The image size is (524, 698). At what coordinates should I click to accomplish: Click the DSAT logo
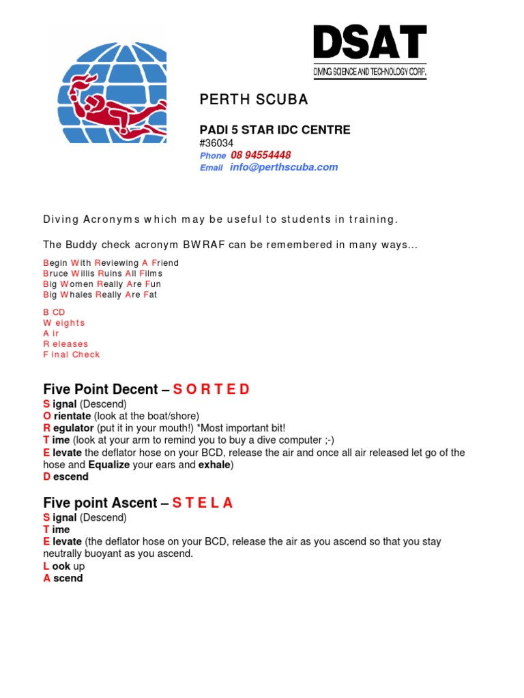coord(370,52)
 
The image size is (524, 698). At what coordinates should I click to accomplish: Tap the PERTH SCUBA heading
coord(253,100)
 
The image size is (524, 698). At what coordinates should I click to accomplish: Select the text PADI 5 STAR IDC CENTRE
coord(274,130)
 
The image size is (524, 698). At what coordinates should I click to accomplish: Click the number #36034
coord(216,143)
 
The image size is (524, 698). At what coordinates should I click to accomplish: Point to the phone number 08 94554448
coord(261,155)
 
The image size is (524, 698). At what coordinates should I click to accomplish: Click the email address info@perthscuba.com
coord(284,168)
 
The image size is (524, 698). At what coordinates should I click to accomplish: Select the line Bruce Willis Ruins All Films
coord(102,273)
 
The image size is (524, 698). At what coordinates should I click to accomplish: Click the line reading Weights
coord(64,322)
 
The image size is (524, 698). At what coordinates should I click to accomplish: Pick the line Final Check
coord(72,354)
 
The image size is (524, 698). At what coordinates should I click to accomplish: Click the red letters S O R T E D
coord(212,390)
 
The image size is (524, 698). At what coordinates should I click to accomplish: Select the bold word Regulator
coord(68,428)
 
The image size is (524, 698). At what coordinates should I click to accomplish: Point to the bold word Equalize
coord(109,465)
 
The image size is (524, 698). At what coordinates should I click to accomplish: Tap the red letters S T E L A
coord(203,503)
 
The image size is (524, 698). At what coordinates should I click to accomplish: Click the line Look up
coord(63,566)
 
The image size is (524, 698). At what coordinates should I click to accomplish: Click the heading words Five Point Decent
coord(100,390)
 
